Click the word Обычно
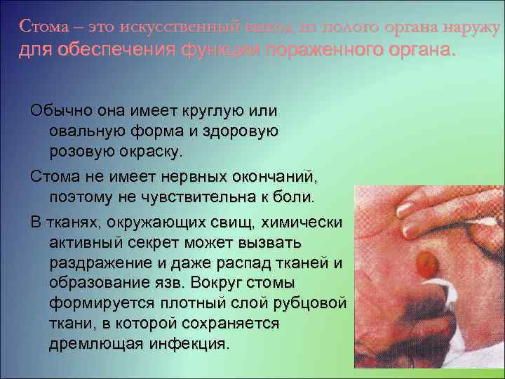pos(60,112)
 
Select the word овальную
pos(88,131)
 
